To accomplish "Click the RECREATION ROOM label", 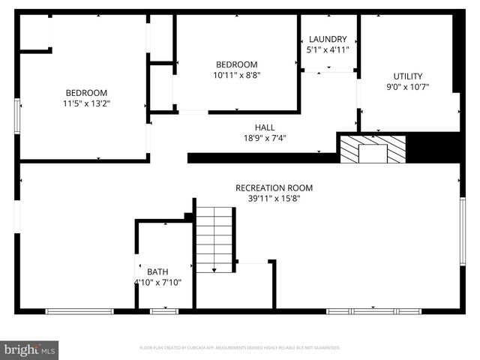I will (x=274, y=187).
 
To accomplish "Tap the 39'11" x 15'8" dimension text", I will (x=274, y=199).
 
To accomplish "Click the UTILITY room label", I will (x=408, y=76).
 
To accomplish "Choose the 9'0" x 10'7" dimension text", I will (x=408, y=86).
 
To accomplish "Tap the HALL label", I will (x=265, y=127).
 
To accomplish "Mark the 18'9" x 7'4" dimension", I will (x=265, y=138).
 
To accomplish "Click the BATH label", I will (x=157, y=271).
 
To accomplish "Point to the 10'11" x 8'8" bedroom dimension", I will (x=236, y=75).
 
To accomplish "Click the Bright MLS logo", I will (x=30, y=349).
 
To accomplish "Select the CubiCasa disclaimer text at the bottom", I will (x=240, y=348).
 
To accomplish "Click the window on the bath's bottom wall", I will (x=163, y=310).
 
